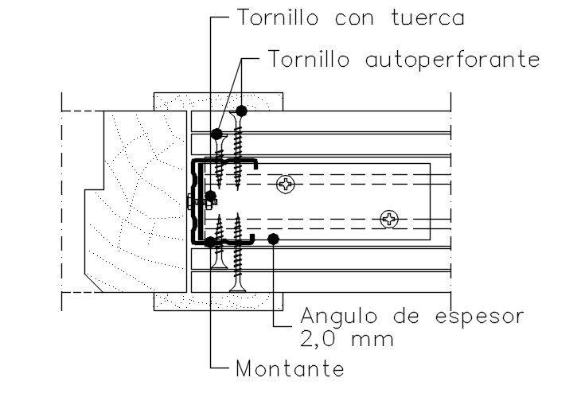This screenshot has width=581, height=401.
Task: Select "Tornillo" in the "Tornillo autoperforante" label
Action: point(307,59)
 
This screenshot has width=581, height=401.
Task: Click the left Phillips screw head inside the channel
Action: point(285,185)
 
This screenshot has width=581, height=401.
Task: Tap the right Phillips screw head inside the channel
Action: point(389,218)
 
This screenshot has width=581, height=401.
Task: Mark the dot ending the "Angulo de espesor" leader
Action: point(273,238)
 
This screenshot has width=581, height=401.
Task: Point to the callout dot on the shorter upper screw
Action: point(216,131)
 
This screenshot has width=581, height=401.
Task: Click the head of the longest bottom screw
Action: point(237,284)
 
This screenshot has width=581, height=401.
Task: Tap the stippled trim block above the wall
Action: point(218,102)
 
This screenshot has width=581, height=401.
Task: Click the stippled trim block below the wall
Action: point(218,301)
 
